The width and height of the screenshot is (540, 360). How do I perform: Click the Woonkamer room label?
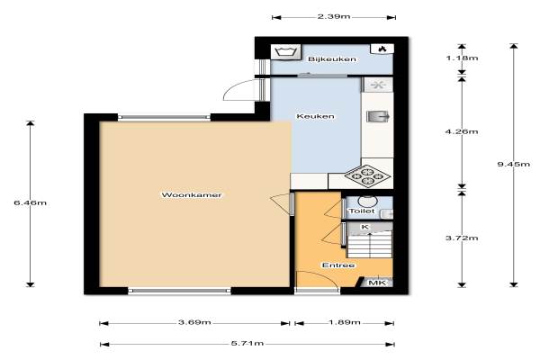(192, 195)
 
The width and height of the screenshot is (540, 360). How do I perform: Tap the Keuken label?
(315, 116)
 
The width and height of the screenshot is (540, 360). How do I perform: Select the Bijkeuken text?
(332, 59)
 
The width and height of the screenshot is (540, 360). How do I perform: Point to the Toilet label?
(362, 211)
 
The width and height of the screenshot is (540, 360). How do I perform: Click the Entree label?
(338, 265)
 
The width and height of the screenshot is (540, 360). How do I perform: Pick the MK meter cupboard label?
(378, 283)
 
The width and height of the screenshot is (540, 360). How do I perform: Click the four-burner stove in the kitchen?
(368, 176)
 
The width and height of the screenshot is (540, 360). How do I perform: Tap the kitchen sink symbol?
(378, 116)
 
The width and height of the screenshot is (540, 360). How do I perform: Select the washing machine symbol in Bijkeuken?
(285, 52)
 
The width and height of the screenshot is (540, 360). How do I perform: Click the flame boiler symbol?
(382, 49)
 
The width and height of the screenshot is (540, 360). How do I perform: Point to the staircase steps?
(369, 245)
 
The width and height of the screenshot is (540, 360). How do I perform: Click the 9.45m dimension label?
(514, 164)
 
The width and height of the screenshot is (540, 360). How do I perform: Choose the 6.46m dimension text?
(31, 202)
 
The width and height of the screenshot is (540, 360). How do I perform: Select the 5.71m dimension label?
(247, 343)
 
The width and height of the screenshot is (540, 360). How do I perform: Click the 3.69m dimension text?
(194, 322)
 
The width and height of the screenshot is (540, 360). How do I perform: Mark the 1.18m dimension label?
(462, 58)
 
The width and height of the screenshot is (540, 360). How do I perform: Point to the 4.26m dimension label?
(462, 131)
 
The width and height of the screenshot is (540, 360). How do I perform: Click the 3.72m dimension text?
(462, 238)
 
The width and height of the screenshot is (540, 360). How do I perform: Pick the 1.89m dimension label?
(345, 322)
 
